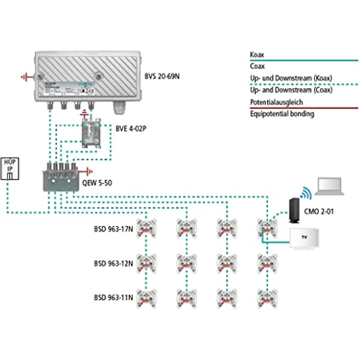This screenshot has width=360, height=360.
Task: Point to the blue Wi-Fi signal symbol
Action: [x=307, y=192]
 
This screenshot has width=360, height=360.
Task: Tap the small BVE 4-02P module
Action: [x=91, y=133]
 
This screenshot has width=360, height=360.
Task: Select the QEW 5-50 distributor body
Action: [x=60, y=175]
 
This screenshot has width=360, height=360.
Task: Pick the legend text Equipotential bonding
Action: [x=282, y=114]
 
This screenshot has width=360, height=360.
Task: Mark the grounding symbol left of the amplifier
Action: [x=25, y=77]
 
